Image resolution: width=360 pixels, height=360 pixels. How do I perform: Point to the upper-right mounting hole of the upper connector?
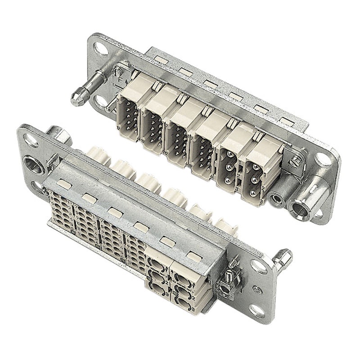[x=324, y=159]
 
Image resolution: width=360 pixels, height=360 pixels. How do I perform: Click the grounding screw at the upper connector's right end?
[x=295, y=158]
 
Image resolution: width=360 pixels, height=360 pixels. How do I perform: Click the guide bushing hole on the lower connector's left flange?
[x=34, y=161]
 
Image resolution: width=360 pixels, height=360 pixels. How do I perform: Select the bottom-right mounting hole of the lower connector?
[x=257, y=310]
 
